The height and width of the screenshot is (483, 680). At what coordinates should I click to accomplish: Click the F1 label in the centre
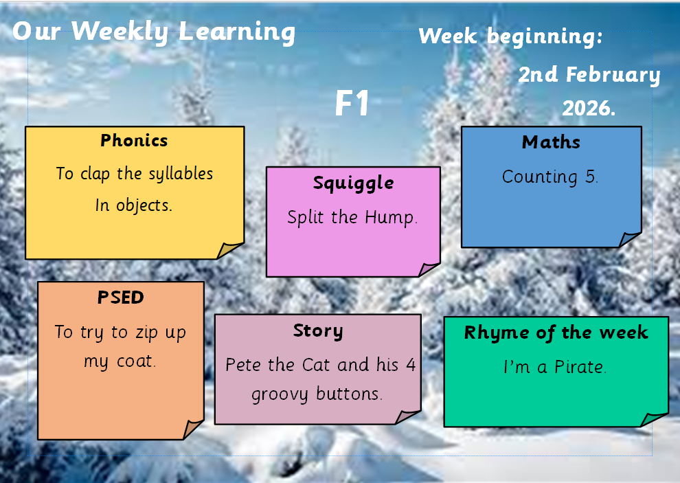(x=352, y=103)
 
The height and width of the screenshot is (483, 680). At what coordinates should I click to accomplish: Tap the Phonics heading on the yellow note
(x=134, y=141)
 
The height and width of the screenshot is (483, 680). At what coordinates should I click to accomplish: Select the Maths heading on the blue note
(x=551, y=142)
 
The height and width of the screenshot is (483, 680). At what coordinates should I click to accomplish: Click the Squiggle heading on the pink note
(x=354, y=183)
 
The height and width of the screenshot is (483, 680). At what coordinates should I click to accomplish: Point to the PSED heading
(x=121, y=297)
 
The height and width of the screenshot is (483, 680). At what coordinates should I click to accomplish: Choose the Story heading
(x=318, y=331)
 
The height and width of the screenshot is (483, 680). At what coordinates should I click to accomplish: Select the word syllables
(x=181, y=174)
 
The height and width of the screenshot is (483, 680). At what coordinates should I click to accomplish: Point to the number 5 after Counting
(x=591, y=177)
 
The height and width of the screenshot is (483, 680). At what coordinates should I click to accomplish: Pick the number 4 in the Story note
(x=411, y=365)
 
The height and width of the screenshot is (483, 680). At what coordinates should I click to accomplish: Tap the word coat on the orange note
(x=135, y=361)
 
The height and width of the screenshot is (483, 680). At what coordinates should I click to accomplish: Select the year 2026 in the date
(x=589, y=108)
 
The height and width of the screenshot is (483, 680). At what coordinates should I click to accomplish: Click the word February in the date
(x=613, y=76)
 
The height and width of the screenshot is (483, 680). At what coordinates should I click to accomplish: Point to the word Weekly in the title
(x=120, y=32)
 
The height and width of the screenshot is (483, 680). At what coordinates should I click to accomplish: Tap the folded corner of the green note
(x=653, y=420)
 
